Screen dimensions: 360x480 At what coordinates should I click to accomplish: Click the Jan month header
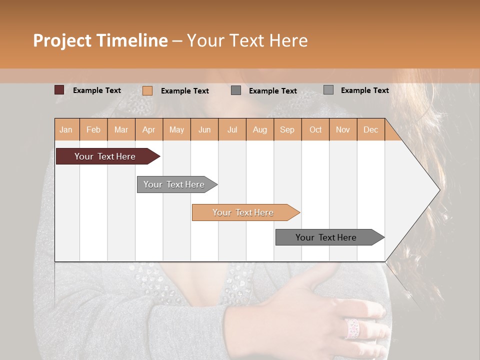(x=66, y=129)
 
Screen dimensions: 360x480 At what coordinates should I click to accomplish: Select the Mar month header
(x=121, y=129)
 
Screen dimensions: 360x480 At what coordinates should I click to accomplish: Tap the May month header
(x=176, y=129)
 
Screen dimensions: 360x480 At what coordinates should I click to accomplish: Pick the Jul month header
(x=232, y=129)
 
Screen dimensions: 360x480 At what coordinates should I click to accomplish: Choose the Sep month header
(x=287, y=129)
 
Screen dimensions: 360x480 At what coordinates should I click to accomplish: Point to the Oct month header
(x=315, y=129)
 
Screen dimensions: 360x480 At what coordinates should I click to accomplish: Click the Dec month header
(x=370, y=129)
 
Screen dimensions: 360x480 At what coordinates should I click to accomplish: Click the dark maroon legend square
(x=59, y=90)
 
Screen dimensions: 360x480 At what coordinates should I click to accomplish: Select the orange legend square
(x=147, y=90)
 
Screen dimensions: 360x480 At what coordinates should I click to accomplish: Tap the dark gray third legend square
(x=236, y=90)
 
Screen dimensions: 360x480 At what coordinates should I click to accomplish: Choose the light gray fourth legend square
(x=328, y=90)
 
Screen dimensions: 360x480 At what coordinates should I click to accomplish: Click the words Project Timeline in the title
(x=100, y=40)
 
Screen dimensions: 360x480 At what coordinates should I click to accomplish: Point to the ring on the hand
(x=352, y=328)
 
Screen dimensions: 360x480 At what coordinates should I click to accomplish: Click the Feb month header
(x=93, y=129)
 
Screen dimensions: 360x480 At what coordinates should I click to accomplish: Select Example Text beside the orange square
(x=184, y=91)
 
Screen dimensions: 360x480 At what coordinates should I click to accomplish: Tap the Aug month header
(x=259, y=129)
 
